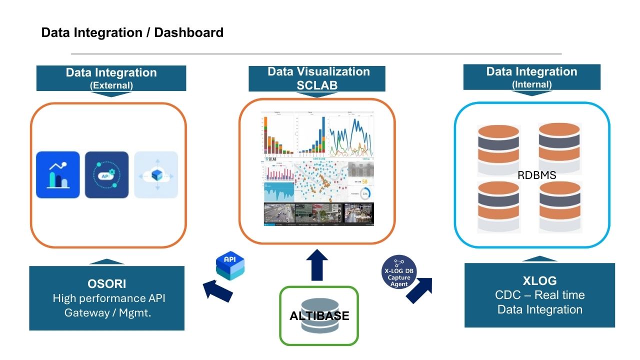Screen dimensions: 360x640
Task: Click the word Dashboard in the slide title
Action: pos(188,33)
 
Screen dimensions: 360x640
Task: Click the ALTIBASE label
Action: pos(319,316)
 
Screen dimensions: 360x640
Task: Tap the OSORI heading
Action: pos(106,284)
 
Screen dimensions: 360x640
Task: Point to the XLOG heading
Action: pos(539,280)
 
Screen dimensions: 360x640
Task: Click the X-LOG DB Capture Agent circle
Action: pos(398,271)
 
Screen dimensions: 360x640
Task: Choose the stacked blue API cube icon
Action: pos(230,266)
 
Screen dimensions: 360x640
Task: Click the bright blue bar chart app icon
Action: pos(58,174)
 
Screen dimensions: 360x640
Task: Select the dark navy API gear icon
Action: pos(106,174)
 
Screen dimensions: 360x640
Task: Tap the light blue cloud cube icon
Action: pos(156,174)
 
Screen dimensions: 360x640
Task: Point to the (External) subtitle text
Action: pos(111,85)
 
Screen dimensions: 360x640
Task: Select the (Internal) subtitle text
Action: pos(531,84)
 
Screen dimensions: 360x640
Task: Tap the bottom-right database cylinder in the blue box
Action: pos(559,205)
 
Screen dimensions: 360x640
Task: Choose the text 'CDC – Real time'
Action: pos(539,295)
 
